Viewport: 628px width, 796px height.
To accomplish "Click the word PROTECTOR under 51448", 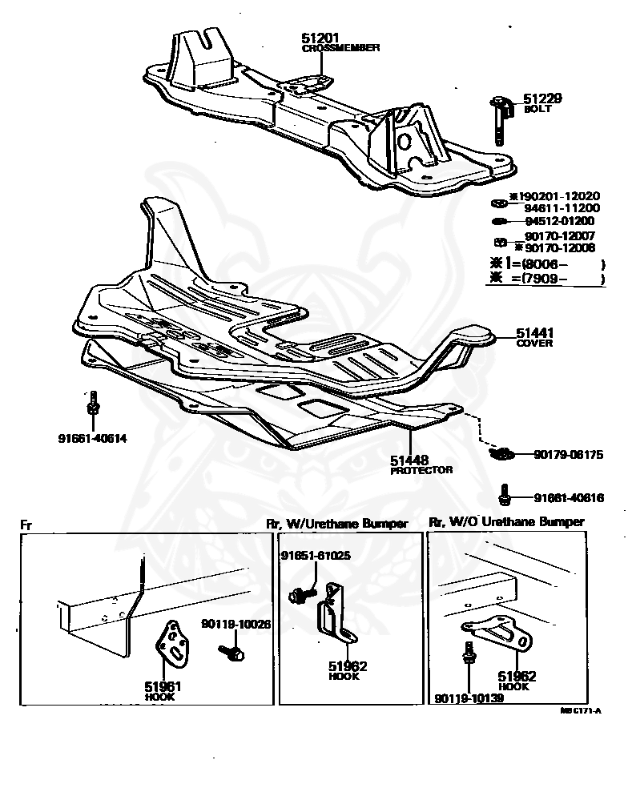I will point(421,471).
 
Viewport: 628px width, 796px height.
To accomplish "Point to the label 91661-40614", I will point(93,438).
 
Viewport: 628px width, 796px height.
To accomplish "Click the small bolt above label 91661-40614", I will point(93,404).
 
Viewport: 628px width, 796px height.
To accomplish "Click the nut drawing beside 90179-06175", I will point(501,454).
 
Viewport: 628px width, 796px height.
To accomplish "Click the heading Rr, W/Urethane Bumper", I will point(337,523).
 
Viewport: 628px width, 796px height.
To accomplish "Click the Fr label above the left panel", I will point(26,525).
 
